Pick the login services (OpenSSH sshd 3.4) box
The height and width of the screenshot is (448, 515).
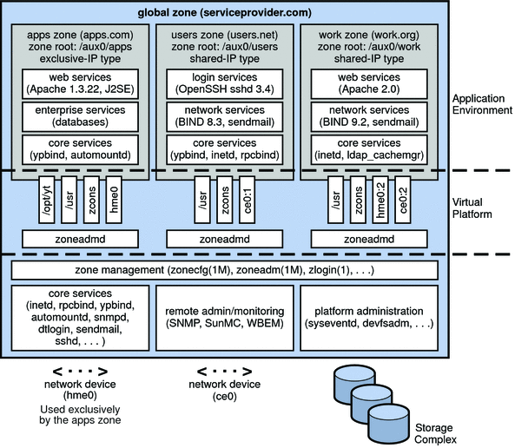click(x=226, y=85)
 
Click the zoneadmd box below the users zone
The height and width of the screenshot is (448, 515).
click(x=226, y=238)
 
